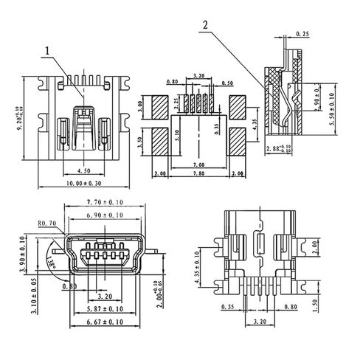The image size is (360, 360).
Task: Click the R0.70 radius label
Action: [x=48, y=222]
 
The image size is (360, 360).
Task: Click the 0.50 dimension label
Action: [x=227, y=83]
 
